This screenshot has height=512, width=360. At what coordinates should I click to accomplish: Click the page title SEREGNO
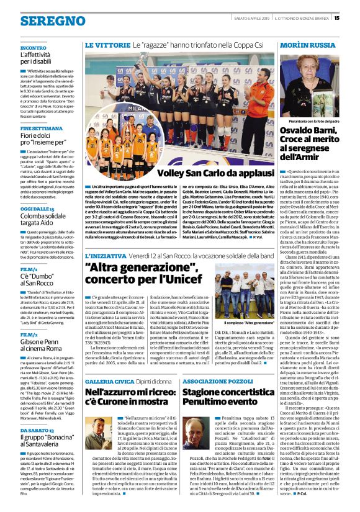coord(45,21)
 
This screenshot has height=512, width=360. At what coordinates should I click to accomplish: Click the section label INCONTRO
coord(33,48)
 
